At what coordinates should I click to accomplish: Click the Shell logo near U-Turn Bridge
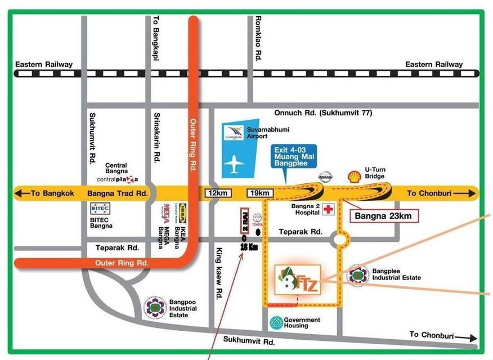(355, 176)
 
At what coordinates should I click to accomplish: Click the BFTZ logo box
(298, 280)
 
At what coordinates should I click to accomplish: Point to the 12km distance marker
(218, 193)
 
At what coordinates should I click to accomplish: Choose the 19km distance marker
(259, 193)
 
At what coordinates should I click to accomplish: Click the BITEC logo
(100, 208)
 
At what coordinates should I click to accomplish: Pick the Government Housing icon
(275, 322)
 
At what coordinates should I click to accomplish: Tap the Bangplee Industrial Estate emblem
(358, 275)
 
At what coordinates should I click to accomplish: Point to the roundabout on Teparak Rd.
(339, 240)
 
